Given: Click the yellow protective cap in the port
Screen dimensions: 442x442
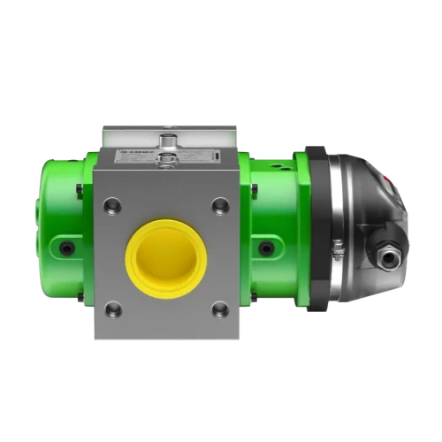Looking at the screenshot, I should (166, 259).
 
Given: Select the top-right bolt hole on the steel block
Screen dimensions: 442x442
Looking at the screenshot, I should (220, 206).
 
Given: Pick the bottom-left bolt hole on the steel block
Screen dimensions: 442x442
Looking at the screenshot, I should (113, 309).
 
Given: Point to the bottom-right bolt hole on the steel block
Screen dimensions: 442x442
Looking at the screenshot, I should (220, 309).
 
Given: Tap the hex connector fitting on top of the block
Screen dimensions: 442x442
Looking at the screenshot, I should (168, 141).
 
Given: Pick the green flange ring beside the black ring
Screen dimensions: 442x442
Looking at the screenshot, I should (302, 230).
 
